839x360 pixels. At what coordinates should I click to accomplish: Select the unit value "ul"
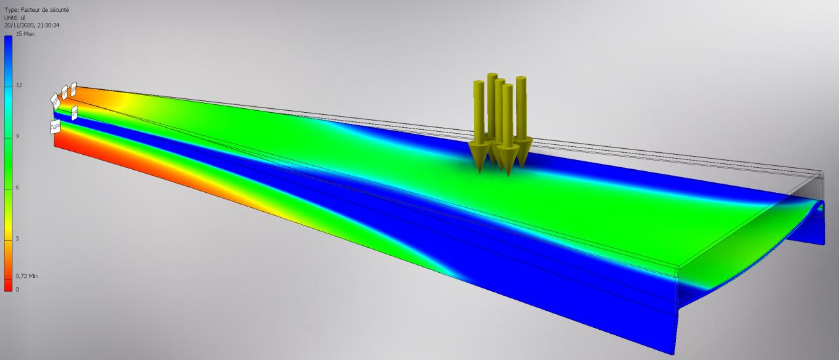coord(23,18)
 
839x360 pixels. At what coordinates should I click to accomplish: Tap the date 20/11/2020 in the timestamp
coord(18,25)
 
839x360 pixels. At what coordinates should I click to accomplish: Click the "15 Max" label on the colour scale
coord(25,34)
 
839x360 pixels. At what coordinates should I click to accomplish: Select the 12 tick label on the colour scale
coord(19,85)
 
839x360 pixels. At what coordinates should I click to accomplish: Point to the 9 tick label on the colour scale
coord(17,136)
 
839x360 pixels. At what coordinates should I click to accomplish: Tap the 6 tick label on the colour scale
coord(17,188)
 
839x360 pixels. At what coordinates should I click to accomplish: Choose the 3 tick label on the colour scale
coord(17,238)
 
